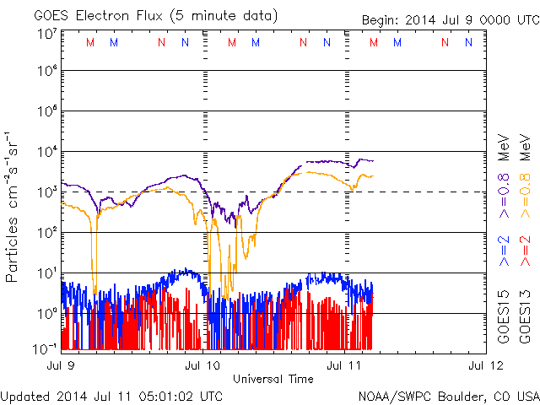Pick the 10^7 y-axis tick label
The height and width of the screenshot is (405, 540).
[46, 35]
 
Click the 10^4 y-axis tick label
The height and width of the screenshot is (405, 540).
[46, 152]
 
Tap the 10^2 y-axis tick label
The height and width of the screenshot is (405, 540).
[46, 232]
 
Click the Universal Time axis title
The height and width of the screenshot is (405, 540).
[273, 379]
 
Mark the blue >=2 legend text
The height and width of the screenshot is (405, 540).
[505, 251]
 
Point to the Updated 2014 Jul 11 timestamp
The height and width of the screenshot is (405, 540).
[112, 395]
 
